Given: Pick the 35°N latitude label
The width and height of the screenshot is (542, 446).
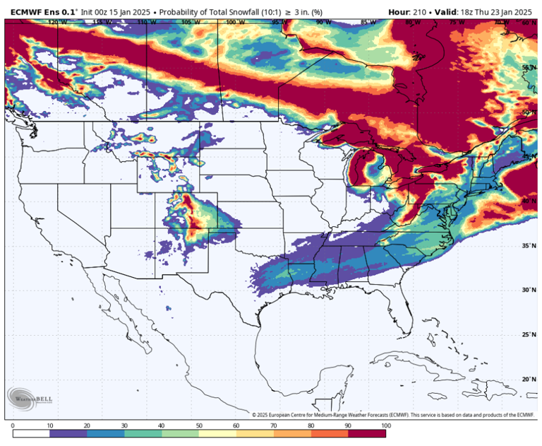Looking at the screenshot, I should pos(528,245).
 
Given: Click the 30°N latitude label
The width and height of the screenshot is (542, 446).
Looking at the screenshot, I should pos(528,290).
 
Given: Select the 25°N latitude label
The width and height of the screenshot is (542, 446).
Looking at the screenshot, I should pos(528,334).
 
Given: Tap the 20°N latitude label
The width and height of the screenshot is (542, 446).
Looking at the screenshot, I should pos(528,379).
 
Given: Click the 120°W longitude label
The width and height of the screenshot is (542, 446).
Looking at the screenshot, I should pos(57,23).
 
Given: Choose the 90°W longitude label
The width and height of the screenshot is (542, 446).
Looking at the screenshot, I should pos(323,23).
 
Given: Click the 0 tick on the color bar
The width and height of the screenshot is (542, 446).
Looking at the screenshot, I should pos(13,426).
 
